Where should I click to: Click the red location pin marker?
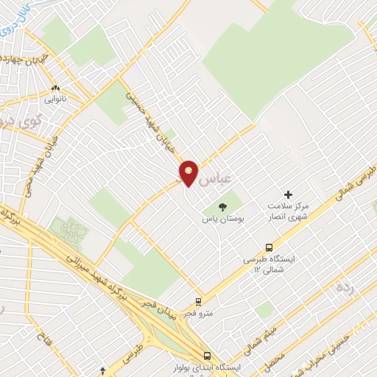pyautogui.click(x=188, y=172)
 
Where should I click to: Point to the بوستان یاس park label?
pyautogui.click(x=223, y=219)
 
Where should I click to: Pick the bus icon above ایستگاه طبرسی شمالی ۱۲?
pyautogui.click(x=269, y=248)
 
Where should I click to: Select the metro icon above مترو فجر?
pyautogui.click(x=198, y=302)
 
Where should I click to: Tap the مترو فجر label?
pyautogui.click(x=199, y=313)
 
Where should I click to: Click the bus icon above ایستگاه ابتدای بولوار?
pyautogui.click(x=208, y=354)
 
